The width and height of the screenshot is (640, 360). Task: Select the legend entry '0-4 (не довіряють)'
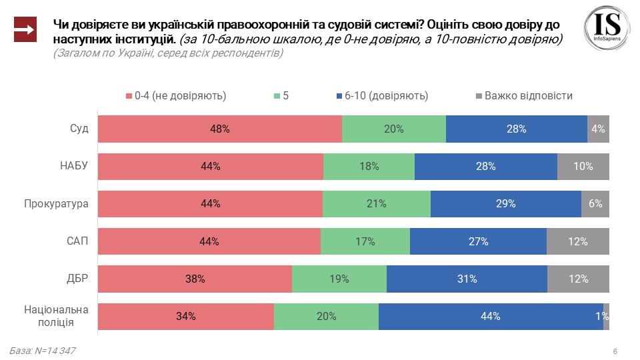(176, 96)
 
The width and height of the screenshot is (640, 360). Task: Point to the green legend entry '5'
(281, 96)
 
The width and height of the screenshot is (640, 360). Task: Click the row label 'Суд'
(79, 129)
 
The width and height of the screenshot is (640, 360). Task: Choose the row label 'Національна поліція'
(57, 316)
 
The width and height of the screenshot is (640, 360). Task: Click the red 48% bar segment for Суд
(220, 129)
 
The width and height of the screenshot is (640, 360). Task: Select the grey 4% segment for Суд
(598, 129)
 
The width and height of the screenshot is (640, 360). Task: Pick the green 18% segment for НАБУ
(369, 167)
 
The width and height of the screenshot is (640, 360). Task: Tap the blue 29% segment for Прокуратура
(506, 204)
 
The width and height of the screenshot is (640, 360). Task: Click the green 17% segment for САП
(365, 241)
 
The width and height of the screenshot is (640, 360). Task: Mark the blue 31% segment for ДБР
(467, 279)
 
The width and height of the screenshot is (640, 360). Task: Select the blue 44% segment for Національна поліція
(491, 316)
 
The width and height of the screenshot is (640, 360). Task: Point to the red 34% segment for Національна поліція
(186, 316)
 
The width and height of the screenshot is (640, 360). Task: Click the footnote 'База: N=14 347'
(38, 351)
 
